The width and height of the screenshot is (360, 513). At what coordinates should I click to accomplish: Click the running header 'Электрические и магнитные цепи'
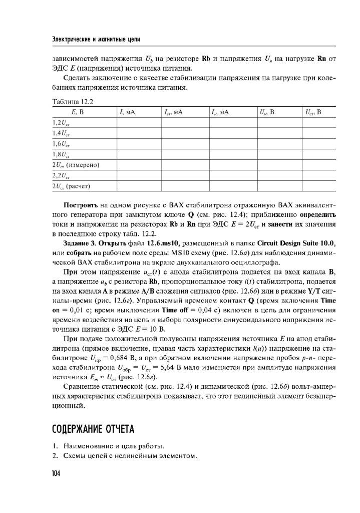point(96,39)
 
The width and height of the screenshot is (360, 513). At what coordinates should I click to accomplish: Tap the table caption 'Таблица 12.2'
point(73,101)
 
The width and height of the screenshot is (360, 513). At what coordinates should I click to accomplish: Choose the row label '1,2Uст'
point(62,122)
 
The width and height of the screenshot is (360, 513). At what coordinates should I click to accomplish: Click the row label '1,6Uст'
point(62,144)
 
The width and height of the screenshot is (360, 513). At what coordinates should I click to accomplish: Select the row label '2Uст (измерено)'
point(76,165)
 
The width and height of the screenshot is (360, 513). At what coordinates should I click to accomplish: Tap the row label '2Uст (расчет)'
point(71,186)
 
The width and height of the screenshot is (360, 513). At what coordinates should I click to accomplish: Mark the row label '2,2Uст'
point(62,176)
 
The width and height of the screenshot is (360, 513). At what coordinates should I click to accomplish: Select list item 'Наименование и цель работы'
point(114,446)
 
